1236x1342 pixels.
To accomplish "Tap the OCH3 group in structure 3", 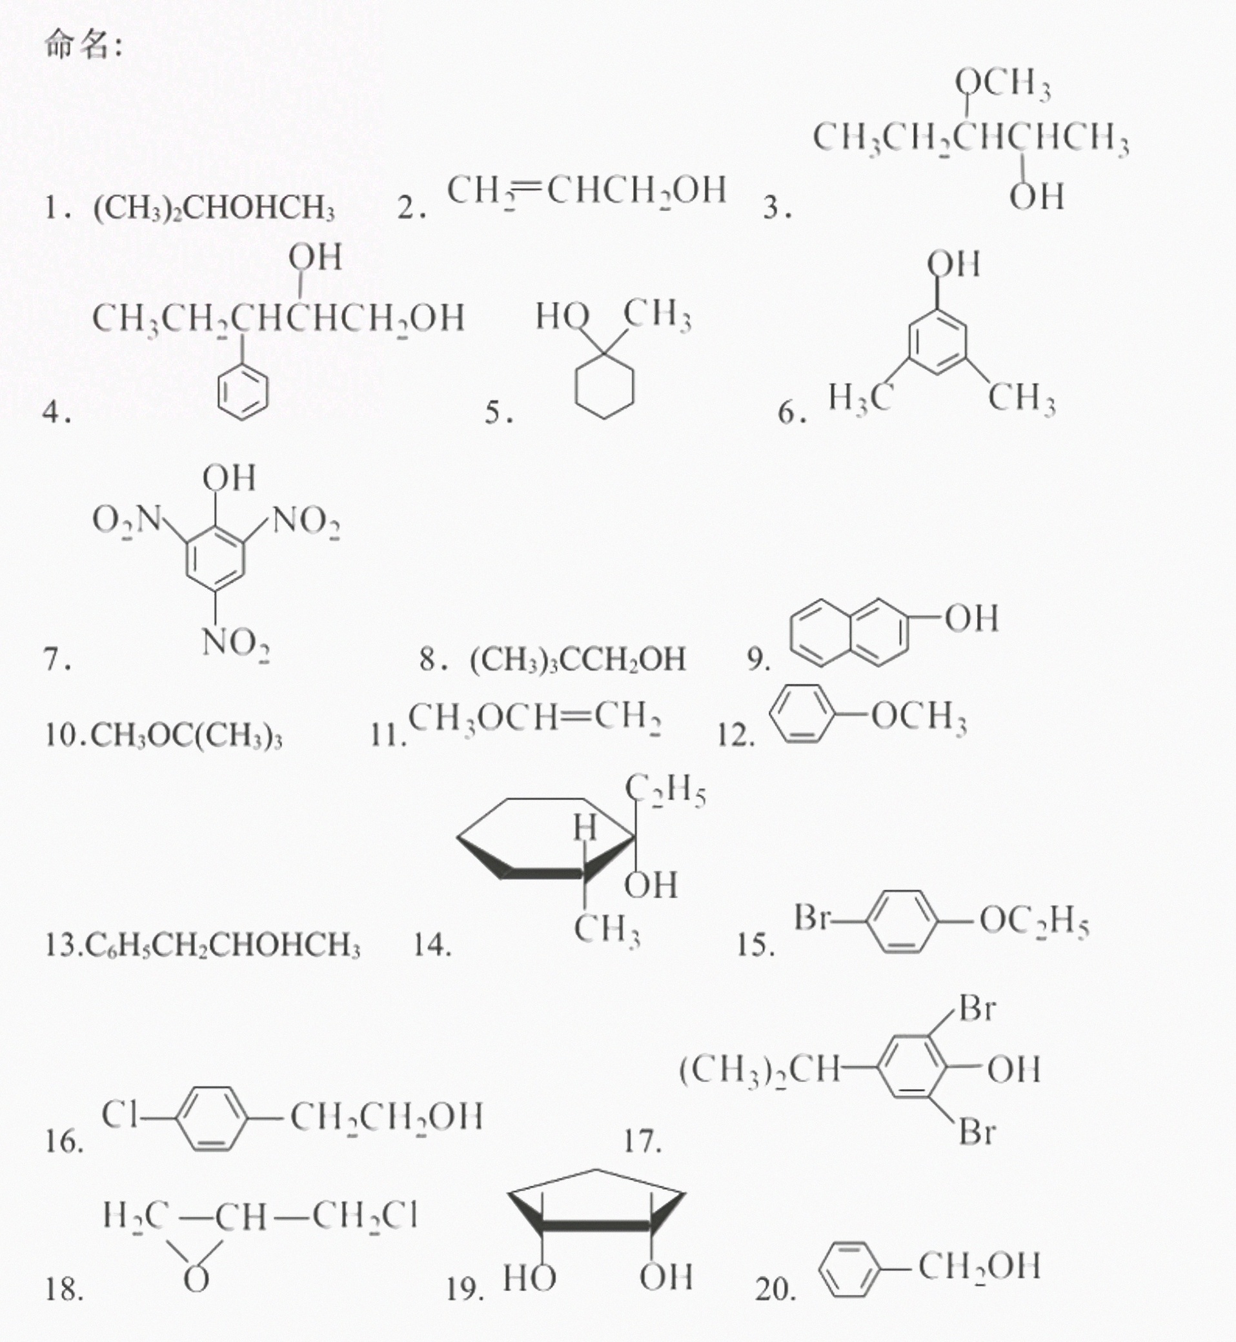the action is coord(1002,85).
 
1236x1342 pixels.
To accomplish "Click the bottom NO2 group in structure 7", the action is coord(236,644).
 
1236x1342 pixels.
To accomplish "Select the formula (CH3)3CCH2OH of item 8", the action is coord(578,659).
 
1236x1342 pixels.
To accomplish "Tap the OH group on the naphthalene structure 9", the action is coord(972,619).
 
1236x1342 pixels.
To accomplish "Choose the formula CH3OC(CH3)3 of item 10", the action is coord(186,736).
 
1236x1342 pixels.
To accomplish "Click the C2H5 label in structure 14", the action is coord(665,792).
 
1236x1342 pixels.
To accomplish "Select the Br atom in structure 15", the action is coord(812,917).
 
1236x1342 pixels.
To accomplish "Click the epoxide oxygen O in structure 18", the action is coord(196,1280).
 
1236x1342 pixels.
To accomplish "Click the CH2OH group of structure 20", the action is coord(979,1267).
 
